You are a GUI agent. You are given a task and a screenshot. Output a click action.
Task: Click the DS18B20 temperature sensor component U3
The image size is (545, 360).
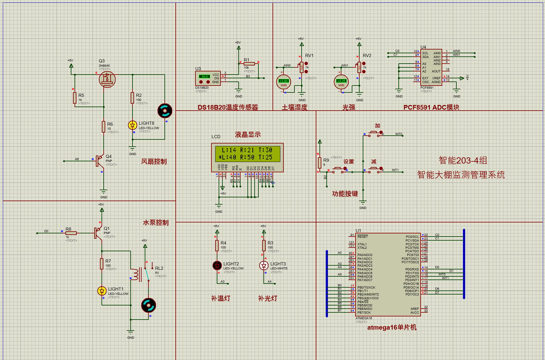pos(208,78)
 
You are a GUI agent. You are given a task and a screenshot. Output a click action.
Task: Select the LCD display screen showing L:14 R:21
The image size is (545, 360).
pos(247,154)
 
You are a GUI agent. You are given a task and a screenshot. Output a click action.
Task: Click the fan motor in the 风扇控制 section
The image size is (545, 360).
pos(165,111)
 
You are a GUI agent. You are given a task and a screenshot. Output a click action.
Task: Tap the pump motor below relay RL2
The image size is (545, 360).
pos(148,305)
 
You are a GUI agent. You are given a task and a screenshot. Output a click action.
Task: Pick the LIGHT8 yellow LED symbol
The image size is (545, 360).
pos(132,125)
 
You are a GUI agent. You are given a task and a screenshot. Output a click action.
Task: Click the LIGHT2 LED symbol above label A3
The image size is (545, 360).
pos(217,266)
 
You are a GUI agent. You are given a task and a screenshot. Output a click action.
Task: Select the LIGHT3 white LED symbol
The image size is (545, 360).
pos(264,266)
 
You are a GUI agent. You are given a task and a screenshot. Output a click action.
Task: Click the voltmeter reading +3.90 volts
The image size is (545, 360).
pos(283,82)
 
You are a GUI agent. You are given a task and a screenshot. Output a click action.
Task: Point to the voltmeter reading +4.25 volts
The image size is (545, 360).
pos(341,82)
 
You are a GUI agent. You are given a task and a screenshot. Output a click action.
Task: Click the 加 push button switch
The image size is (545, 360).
pos(374,133)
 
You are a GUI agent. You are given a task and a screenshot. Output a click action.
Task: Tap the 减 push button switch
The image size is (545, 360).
pos(374,169)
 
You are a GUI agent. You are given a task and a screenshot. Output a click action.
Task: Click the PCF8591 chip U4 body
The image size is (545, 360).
pos(431,67)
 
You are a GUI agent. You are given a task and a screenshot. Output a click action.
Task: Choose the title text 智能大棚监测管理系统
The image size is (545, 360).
pos(461,175)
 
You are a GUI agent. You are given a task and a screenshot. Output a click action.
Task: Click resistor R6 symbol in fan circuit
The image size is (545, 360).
pos(103,127)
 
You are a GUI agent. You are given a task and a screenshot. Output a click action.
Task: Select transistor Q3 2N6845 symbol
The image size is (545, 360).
pos(107,79)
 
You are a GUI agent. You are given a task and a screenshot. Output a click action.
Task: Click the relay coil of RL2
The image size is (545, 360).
pos(136,274)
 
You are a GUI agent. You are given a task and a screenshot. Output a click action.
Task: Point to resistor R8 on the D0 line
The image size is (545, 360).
pos(71,233)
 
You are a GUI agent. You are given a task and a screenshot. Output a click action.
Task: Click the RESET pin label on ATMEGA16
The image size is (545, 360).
pos(362,237)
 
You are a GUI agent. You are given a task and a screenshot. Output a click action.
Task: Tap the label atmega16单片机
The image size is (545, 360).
pos(392,327)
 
